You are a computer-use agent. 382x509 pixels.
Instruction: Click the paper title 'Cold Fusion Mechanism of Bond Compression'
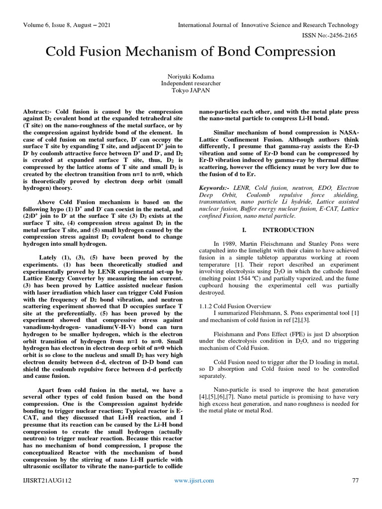coord(191,52)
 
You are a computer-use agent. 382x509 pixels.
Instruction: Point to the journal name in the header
coord(268,25)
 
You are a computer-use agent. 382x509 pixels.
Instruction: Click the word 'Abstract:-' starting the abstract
coord(40,112)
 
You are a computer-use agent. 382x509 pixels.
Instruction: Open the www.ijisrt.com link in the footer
coord(194,481)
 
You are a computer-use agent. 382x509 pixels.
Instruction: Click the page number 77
coord(355,481)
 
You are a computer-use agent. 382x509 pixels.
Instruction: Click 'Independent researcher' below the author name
coord(191,84)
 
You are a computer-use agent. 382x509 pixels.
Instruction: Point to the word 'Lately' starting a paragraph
coord(48,257)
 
